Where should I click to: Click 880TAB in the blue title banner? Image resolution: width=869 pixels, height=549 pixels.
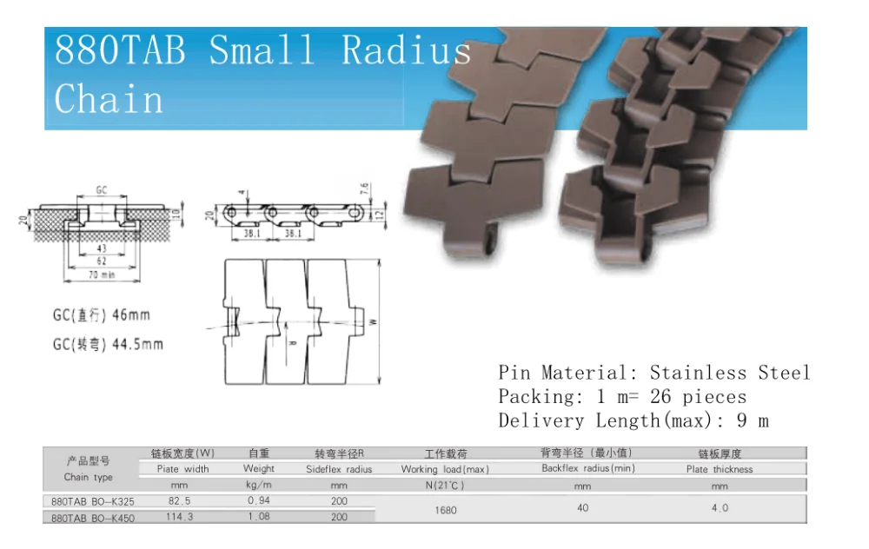click(x=120, y=51)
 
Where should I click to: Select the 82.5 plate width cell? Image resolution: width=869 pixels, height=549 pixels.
click(x=182, y=501)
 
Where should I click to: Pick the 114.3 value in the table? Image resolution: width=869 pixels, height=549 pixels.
click(x=182, y=517)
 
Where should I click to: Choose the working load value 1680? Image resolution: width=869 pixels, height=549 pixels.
click(x=445, y=510)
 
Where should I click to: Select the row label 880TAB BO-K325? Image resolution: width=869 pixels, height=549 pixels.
click(x=93, y=502)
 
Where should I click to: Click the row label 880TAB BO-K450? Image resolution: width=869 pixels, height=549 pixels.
click(x=93, y=518)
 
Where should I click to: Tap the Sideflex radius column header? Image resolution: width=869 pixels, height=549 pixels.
click(x=339, y=469)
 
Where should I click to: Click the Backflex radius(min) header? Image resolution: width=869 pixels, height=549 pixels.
click(x=588, y=469)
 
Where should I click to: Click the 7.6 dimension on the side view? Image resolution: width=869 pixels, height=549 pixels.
click(x=365, y=189)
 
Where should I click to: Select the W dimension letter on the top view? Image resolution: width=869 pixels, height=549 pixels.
click(x=374, y=321)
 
